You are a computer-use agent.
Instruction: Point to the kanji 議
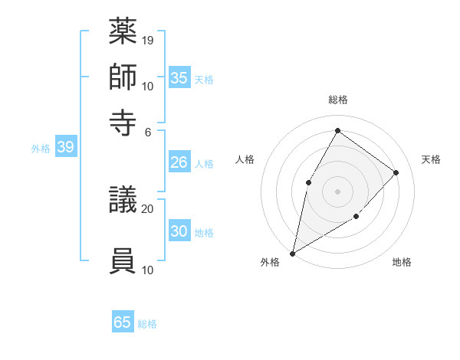(123, 203)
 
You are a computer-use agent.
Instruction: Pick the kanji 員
(123, 261)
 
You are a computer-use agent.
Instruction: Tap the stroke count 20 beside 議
(148, 208)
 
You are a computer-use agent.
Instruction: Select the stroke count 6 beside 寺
(148, 131)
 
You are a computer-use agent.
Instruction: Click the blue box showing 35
(179, 78)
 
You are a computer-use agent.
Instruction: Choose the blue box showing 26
(179, 162)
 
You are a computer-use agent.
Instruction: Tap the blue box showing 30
(179, 231)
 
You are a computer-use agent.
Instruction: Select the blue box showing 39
(65, 148)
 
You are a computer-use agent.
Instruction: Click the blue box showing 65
(123, 322)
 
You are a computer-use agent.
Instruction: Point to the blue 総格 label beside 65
(147, 324)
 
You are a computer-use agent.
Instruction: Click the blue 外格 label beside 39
(41, 149)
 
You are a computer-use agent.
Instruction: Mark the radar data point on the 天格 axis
(396, 172)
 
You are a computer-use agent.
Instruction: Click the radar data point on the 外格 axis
(292, 253)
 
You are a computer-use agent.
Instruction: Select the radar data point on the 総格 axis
(337, 130)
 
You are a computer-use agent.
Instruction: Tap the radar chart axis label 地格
(402, 263)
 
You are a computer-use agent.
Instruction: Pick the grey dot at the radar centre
(337, 191)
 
